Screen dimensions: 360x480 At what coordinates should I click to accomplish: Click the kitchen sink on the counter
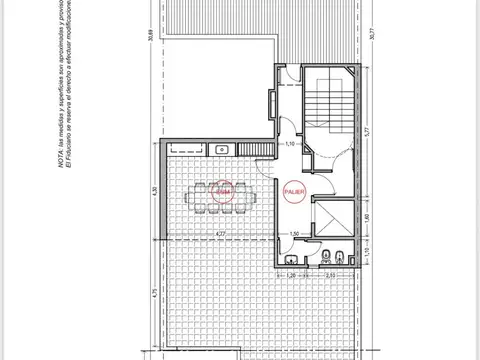click(223, 149)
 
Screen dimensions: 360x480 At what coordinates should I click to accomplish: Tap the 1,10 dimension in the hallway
click(289, 146)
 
